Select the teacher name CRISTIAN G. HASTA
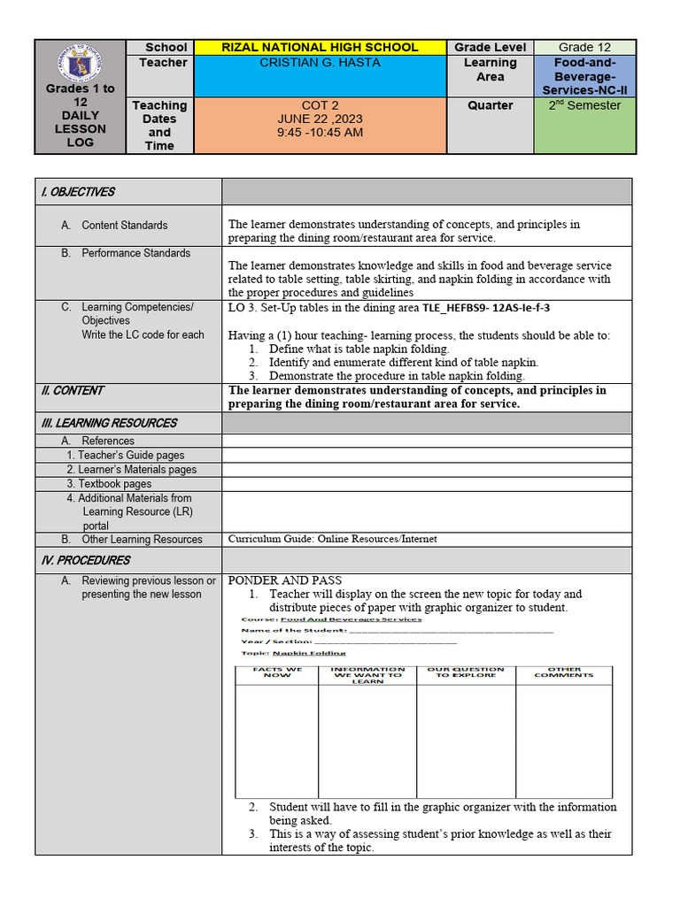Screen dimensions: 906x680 coord(320,63)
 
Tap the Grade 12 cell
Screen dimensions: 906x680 coord(584,48)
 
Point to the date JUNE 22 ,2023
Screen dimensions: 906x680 coord(320,119)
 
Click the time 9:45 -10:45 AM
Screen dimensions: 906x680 coord(320,134)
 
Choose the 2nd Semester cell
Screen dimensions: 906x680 coord(584,105)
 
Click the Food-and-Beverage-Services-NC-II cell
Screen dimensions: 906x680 coord(584,76)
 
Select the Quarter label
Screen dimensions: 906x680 coord(490,105)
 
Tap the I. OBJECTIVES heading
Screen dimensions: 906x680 coord(78,192)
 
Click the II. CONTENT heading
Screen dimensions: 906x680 coord(73,390)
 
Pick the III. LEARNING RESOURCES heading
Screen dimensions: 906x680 coord(109,423)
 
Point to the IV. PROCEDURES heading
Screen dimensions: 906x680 coord(85,560)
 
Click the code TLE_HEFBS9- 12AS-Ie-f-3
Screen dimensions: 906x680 coord(491,308)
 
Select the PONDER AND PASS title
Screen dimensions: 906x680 coord(284,580)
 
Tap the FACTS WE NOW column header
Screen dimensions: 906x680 coord(276,672)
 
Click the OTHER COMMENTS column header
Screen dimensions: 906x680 coord(564,672)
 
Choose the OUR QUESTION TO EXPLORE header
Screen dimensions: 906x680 coord(466,672)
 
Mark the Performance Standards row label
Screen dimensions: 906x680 coord(135,253)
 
